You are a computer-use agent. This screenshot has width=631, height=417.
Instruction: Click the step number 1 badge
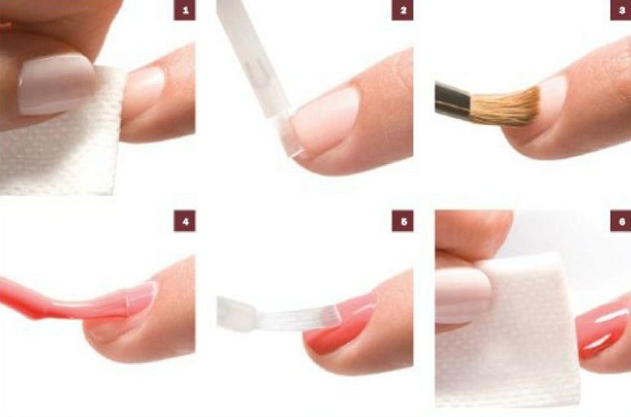click(x=184, y=10)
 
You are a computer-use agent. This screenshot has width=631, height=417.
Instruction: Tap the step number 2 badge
click(x=402, y=10)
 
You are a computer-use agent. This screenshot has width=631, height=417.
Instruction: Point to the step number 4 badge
click(x=184, y=221)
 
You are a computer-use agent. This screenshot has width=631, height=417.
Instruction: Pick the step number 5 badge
click(x=402, y=221)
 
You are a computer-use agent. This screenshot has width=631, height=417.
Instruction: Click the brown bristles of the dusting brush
click(x=505, y=107)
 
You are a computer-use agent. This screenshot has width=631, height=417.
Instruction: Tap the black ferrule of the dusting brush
click(x=453, y=100)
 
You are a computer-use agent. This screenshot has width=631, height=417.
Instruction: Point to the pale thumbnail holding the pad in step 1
click(x=56, y=85)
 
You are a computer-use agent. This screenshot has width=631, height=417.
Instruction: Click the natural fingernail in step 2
click(x=326, y=121)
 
